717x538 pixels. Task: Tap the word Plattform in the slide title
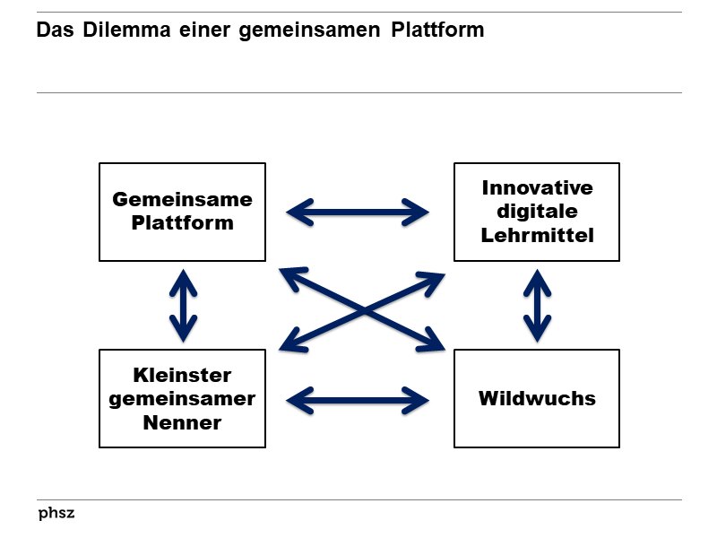pyautogui.click(x=437, y=30)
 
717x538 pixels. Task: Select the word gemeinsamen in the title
pyautogui.click(x=310, y=30)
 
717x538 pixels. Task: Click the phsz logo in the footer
pyautogui.click(x=56, y=513)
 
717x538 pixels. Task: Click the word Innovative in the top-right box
pyautogui.click(x=537, y=188)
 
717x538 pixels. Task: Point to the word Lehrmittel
pyautogui.click(x=537, y=235)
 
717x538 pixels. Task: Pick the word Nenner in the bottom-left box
pyautogui.click(x=182, y=421)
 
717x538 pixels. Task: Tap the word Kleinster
pyautogui.click(x=182, y=375)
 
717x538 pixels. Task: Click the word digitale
pyautogui.click(x=537, y=212)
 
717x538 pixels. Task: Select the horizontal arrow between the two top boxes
pyautogui.click(x=358, y=213)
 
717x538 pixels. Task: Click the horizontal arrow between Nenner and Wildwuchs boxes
pyautogui.click(x=358, y=399)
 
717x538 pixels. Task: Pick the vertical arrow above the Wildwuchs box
pyautogui.click(x=537, y=305)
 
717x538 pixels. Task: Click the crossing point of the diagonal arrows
pyautogui.click(x=363, y=310)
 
